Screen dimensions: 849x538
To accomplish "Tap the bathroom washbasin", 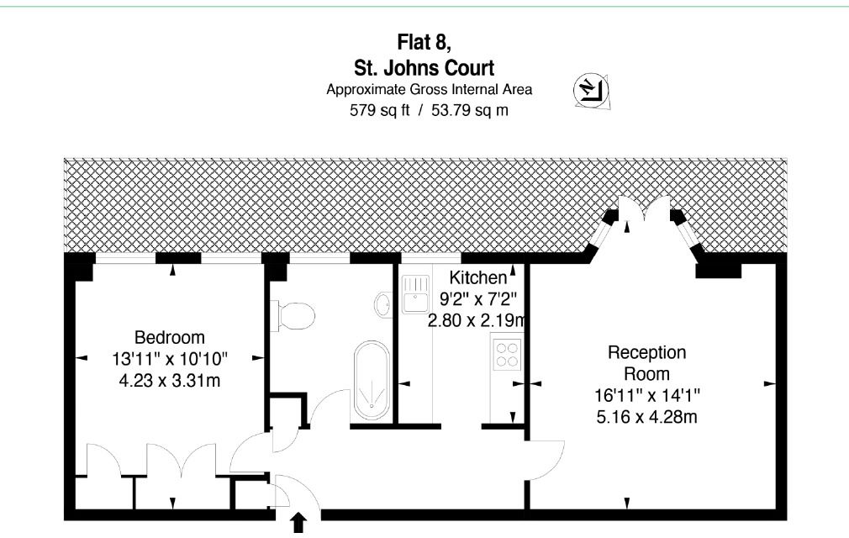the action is pyautogui.click(x=383, y=304).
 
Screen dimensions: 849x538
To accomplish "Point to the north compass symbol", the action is pyautogui.click(x=591, y=90).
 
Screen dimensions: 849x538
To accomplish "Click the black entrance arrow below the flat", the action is pyautogui.click(x=298, y=524).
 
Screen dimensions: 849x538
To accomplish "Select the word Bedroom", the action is pyautogui.click(x=170, y=337).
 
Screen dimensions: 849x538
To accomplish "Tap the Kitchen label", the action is pyautogui.click(x=478, y=277).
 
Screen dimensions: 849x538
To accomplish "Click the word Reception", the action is pyautogui.click(x=647, y=352).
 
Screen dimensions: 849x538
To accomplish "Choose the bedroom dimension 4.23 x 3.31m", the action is pyautogui.click(x=170, y=381).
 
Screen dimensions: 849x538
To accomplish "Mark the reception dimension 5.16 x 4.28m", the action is pyautogui.click(x=647, y=417).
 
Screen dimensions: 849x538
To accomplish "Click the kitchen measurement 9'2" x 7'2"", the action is pyautogui.click(x=478, y=298).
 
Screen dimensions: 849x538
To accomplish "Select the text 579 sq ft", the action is pyautogui.click(x=380, y=110).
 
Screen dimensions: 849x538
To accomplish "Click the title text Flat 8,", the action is pyautogui.click(x=424, y=42).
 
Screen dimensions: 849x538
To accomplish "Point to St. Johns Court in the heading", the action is pyautogui.click(x=424, y=68).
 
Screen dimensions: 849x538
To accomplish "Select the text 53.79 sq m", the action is pyautogui.click(x=470, y=110).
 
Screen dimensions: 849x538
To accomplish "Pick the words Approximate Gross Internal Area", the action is pyautogui.click(x=429, y=89).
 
